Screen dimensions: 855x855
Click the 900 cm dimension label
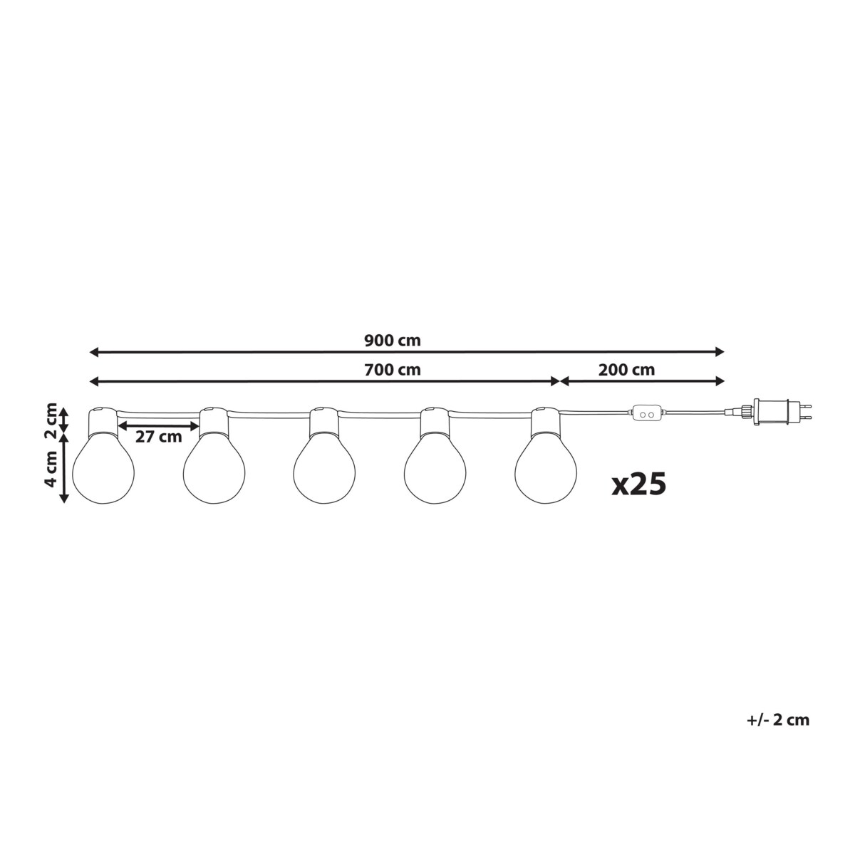tap(392, 341)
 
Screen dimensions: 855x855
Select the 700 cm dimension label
tap(392, 370)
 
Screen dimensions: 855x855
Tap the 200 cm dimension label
tap(626, 370)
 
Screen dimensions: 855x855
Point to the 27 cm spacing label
tap(158, 437)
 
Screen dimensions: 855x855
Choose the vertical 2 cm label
tap(52, 420)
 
